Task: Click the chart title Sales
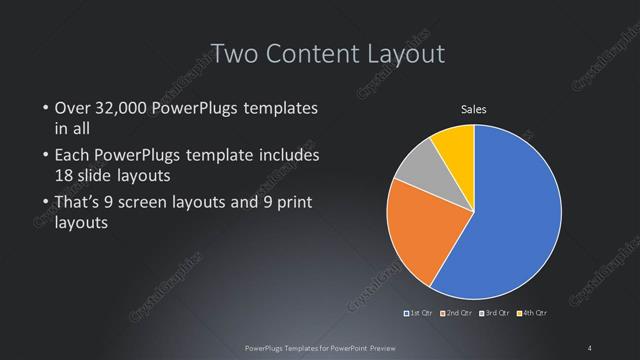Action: click(473, 110)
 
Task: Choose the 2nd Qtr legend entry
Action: click(459, 313)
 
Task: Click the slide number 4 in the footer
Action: click(590, 346)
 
